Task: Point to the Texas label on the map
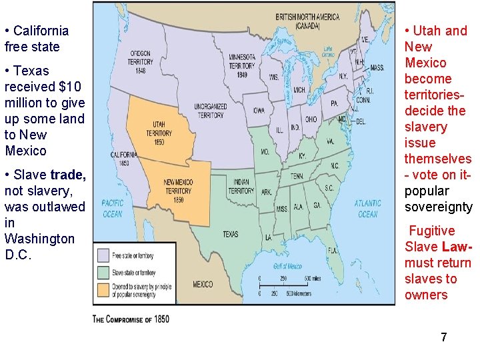(x=230, y=234)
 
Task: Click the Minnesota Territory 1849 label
(x=242, y=65)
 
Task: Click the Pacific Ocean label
(x=113, y=209)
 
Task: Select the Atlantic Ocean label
(x=367, y=209)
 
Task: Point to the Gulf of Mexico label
(x=288, y=266)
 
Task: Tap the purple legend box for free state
(x=103, y=255)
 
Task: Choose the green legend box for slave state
(x=103, y=272)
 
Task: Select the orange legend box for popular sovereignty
(x=103, y=289)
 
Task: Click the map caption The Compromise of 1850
(x=131, y=319)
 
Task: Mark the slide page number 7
(x=443, y=337)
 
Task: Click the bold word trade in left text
(x=68, y=175)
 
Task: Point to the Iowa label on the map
(x=258, y=110)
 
